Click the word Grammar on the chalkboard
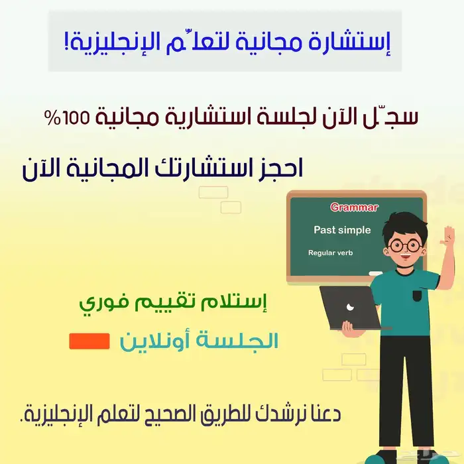[x=354, y=207]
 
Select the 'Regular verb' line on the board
[x=331, y=253]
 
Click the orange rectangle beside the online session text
[x=89, y=341]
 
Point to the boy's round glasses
[x=405, y=245]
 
